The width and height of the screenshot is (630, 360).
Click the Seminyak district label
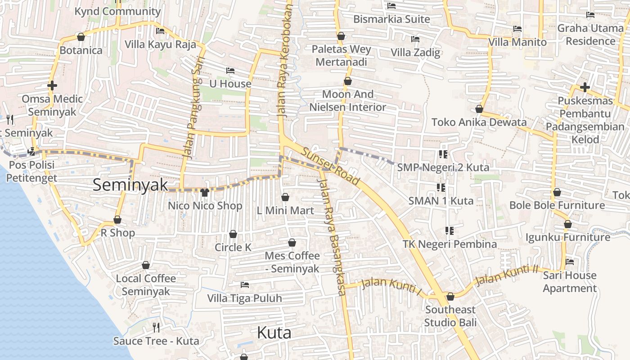pos(130,185)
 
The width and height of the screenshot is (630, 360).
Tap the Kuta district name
pos(274,333)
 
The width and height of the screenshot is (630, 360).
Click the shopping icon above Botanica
pos(81,37)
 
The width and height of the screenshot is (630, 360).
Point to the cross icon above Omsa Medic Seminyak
pos(52,85)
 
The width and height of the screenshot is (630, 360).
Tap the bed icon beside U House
pos(230,71)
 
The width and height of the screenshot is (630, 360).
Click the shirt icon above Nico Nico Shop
pos(205,193)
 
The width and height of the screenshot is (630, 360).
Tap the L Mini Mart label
pos(285,210)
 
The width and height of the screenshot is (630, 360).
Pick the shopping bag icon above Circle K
pos(233,234)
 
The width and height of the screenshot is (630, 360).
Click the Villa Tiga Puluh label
pos(244,298)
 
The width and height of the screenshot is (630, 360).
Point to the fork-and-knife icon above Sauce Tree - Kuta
pos(156,327)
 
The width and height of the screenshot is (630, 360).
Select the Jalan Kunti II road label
pos(507,275)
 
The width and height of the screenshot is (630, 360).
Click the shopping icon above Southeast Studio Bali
pos(450,297)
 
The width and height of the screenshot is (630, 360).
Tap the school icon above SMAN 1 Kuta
pos(441,188)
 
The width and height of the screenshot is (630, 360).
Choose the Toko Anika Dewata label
pos(479,122)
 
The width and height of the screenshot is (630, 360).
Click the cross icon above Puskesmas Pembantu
pos(585,87)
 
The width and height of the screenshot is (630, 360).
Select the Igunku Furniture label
pos(568,237)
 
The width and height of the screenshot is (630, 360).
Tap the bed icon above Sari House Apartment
pos(570,262)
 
